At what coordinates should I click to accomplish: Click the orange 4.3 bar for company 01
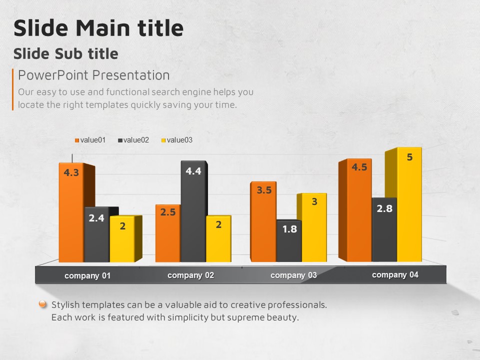tap(71, 215)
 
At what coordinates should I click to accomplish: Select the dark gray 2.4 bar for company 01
tap(96, 235)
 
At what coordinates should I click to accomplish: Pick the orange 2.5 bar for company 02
tap(167, 234)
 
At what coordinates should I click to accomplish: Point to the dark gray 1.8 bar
tap(289, 241)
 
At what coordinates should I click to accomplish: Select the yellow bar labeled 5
tap(409, 205)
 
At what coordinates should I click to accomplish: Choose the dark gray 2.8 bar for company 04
tap(384, 230)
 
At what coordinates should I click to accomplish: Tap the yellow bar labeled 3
tap(314, 227)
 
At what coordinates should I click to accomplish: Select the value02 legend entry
tap(133, 140)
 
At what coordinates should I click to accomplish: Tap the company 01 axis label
tap(87, 276)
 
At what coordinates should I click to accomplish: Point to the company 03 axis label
tap(293, 275)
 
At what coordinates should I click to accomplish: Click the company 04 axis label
tap(395, 274)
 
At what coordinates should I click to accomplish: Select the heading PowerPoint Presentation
tap(94, 75)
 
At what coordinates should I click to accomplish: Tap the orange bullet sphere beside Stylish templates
tap(43, 304)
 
